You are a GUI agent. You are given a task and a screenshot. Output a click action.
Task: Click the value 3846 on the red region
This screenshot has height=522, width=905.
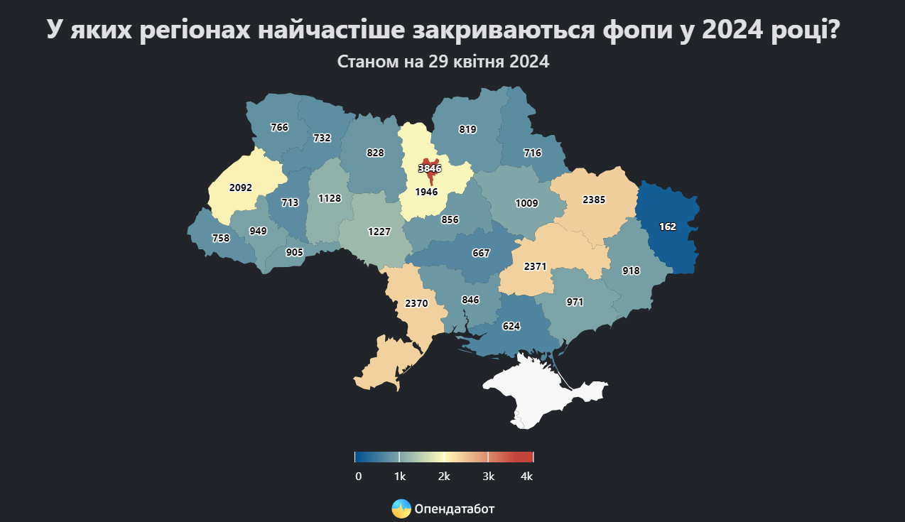click(430, 169)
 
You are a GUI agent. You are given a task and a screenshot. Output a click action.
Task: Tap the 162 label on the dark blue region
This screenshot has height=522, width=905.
click(667, 227)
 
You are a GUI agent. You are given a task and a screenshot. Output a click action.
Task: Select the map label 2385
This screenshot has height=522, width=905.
click(593, 200)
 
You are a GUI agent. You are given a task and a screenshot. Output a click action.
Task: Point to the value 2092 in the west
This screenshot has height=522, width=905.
click(241, 188)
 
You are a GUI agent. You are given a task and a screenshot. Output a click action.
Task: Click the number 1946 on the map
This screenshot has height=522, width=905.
click(426, 192)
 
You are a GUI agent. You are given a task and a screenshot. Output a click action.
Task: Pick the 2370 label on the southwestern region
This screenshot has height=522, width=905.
click(416, 303)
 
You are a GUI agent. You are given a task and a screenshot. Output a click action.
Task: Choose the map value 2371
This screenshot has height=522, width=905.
click(535, 266)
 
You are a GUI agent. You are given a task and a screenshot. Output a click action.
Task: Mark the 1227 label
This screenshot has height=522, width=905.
click(379, 232)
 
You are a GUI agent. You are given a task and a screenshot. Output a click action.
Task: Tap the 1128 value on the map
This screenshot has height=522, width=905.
click(330, 199)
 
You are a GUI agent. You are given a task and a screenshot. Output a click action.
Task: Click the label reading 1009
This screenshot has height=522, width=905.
click(526, 203)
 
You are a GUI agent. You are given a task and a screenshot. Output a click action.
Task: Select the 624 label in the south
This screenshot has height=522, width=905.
click(511, 327)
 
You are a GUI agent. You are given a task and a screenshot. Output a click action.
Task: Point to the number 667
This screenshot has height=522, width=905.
click(481, 253)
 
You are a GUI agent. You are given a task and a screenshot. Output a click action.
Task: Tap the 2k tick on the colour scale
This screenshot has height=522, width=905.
click(444, 477)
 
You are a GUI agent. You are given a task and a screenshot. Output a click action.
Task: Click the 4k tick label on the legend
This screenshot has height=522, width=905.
click(526, 477)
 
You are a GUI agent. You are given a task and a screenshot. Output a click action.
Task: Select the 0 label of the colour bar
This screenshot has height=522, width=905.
click(358, 477)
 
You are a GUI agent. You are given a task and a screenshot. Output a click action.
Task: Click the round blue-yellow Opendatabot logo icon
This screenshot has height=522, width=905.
click(401, 509)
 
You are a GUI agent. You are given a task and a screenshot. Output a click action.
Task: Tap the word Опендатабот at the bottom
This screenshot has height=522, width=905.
click(454, 509)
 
